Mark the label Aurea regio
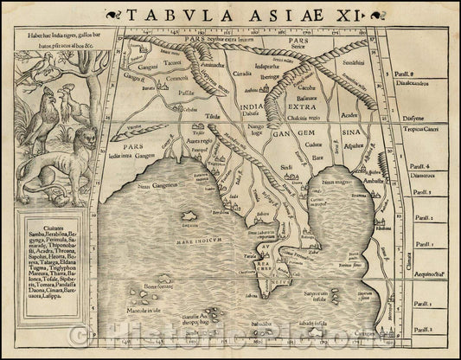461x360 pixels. tap(200, 140)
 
